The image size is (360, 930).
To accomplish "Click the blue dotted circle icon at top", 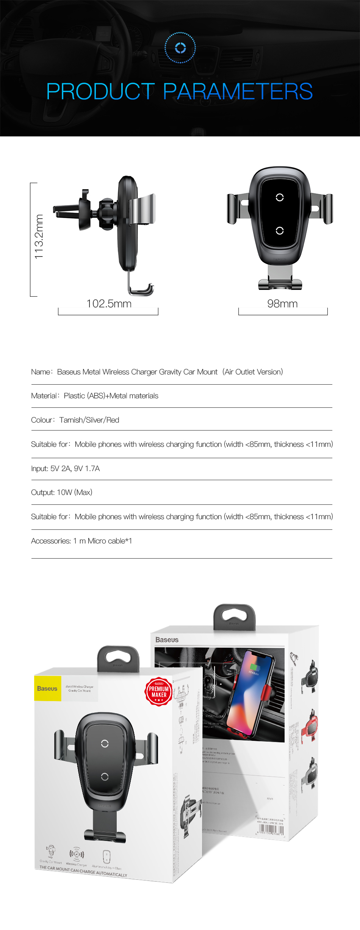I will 180,48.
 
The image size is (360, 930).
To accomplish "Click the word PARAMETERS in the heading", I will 238,92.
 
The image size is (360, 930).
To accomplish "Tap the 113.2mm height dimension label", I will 39,237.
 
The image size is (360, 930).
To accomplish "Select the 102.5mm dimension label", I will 109,304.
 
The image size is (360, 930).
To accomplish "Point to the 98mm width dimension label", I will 282,304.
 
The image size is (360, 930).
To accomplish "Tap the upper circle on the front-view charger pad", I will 280,197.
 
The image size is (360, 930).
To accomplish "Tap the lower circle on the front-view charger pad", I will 280,231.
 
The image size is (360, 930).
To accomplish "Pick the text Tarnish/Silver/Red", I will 89,420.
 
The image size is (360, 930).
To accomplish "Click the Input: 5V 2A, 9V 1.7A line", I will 65,468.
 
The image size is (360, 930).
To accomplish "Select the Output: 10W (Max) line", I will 62,492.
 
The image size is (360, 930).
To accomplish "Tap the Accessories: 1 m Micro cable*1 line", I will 81,541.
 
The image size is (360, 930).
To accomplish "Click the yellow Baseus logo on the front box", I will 47,689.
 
